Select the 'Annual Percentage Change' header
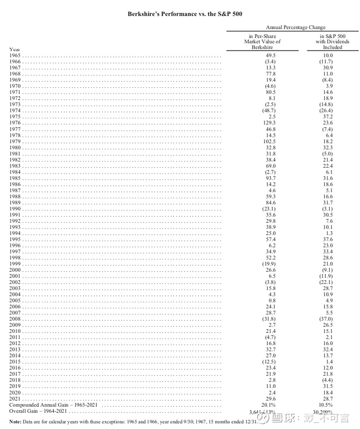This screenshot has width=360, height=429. click(295, 27)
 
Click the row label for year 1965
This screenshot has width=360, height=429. click(15, 55)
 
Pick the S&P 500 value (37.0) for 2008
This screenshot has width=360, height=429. click(326, 319)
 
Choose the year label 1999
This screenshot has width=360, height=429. click(15, 264)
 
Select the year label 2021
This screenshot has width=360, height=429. click(15, 399)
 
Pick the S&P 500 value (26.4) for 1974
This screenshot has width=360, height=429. click(326, 110)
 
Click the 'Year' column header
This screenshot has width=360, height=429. click(14, 49)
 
